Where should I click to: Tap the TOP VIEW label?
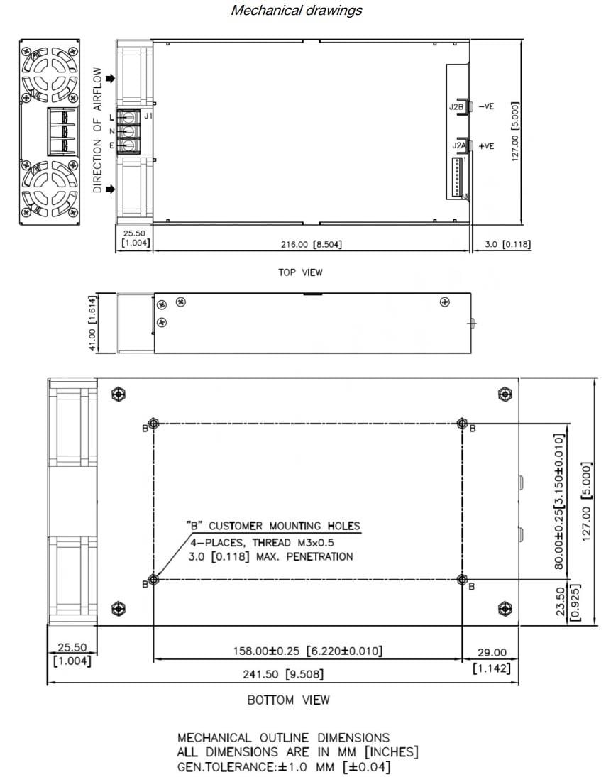coord(301,272)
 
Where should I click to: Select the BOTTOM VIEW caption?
coord(288,700)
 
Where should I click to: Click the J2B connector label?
coord(456,106)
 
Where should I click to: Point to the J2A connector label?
coord(459,145)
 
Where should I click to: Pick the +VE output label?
coord(486,146)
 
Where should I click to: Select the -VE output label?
coord(486,106)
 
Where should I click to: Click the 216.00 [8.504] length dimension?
coord(313,244)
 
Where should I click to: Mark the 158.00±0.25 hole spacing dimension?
coord(308,651)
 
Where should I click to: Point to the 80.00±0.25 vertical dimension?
coord(561,500)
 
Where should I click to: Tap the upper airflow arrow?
coord(109,79)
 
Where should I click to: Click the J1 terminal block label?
coord(148,116)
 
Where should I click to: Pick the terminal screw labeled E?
coord(130,145)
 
